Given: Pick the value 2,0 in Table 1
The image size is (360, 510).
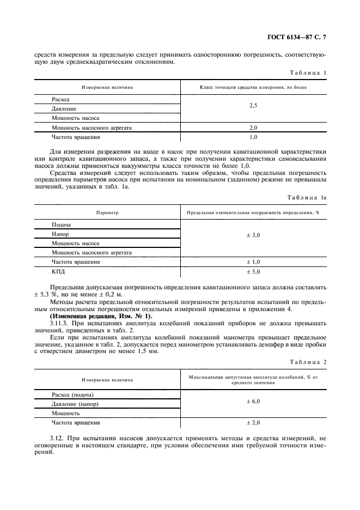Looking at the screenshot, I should pos(253,127).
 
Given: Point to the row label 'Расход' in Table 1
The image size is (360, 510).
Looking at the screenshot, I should pos(60,100).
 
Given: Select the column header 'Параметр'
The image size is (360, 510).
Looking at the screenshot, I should pos(107,212).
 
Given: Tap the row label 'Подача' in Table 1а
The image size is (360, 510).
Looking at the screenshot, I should pos(62,224).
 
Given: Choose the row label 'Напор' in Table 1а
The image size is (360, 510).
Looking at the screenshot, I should pos(60,234).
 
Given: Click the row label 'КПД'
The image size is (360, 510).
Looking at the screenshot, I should pos(58,271).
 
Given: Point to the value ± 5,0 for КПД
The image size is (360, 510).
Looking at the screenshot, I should pos(253,271).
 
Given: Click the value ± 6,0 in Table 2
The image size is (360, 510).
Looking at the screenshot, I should pos(253,400).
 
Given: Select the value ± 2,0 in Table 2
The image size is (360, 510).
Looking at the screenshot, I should pos(253,422).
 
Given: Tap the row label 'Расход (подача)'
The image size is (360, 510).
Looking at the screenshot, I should pos(73,394).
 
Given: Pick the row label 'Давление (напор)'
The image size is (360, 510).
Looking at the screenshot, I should pos(75,404).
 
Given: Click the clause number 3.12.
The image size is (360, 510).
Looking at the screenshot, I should pos(56,438).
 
